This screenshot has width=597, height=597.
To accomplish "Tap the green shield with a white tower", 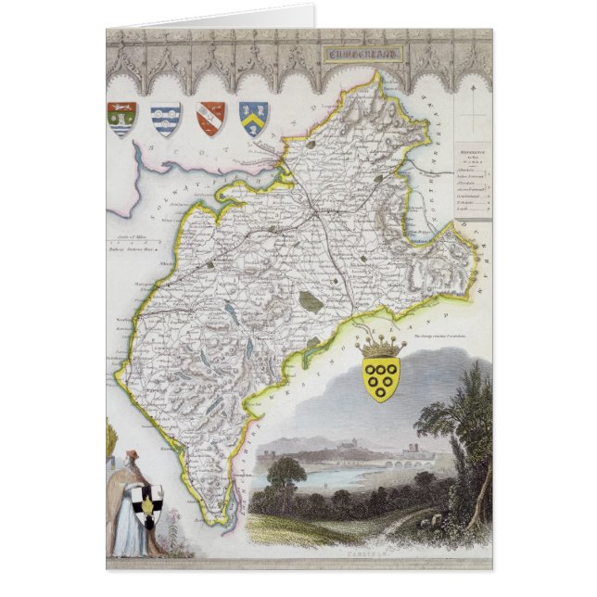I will (x=122, y=119).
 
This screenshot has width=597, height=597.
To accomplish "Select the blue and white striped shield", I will (x=166, y=119).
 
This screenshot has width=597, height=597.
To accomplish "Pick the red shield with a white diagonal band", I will (x=210, y=118).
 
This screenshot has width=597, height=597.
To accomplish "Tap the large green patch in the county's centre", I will (x=311, y=301).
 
